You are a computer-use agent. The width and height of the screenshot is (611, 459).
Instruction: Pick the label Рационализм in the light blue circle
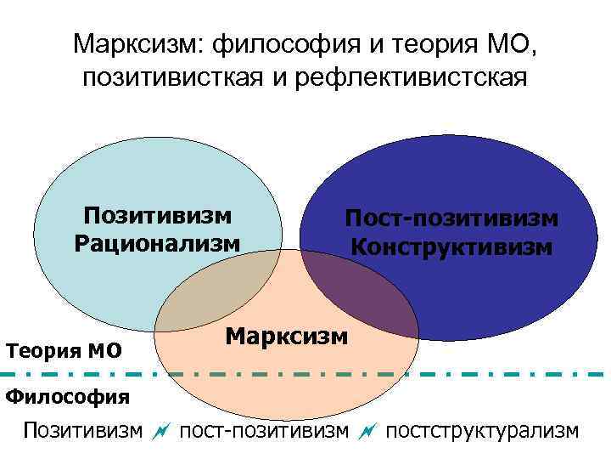pyautogui.click(x=158, y=242)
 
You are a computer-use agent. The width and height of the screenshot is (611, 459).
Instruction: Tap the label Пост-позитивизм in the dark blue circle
pyautogui.click(x=451, y=218)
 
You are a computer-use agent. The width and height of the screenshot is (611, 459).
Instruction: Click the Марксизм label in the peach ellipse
pyautogui.click(x=287, y=335)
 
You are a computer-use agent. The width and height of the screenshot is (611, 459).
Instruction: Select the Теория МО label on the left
pyautogui.click(x=64, y=349)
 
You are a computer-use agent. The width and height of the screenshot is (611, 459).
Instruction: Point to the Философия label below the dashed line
pyautogui.click(x=68, y=396)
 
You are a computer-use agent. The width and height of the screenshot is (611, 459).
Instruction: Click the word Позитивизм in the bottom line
pyautogui.click(x=83, y=431)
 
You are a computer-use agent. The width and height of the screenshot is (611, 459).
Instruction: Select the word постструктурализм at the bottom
pyautogui.click(x=482, y=431)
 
